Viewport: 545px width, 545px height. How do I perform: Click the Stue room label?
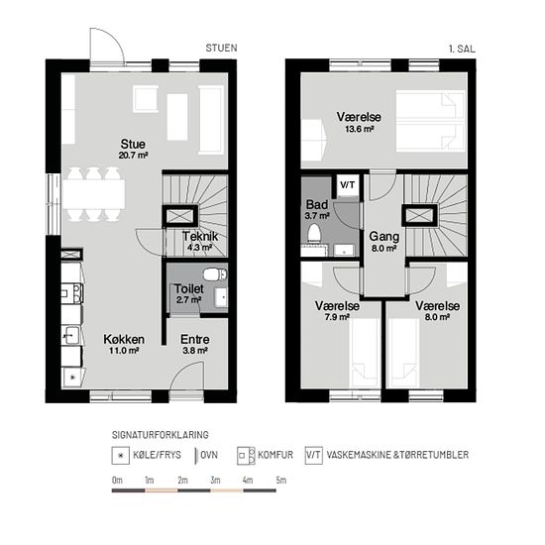(x=133, y=149)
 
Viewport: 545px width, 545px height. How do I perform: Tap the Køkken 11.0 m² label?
(x=124, y=345)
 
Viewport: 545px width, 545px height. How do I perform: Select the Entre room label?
(x=195, y=345)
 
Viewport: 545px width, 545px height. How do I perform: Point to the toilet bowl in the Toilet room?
(x=215, y=274)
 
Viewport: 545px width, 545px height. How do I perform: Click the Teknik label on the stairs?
(x=200, y=241)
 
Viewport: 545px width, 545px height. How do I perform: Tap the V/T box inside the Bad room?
(x=348, y=185)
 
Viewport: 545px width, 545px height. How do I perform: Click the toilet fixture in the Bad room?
(x=314, y=233)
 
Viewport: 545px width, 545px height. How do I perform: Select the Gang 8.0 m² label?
(x=384, y=242)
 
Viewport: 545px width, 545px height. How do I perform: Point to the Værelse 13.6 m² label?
(x=359, y=122)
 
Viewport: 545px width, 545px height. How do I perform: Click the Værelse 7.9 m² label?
(x=337, y=311)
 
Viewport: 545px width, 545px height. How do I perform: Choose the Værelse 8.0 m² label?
(x=438, y=311)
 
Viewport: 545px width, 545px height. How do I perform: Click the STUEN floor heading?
(x=221, y=48)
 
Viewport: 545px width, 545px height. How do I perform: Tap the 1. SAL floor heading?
(x=462, y=49)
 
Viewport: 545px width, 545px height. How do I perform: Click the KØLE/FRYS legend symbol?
(x=120, y=456)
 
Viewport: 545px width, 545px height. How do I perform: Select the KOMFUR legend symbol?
(x=246, y=456)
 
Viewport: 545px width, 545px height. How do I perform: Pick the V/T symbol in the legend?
(x=314, y=456)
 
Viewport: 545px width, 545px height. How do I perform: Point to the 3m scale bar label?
(x=215, y=481)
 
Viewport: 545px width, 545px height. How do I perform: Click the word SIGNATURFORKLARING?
(x=161, y=435)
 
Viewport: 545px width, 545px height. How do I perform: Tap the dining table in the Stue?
(x=93, y=194)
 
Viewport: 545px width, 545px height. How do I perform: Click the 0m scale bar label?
(x=117, y=481)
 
